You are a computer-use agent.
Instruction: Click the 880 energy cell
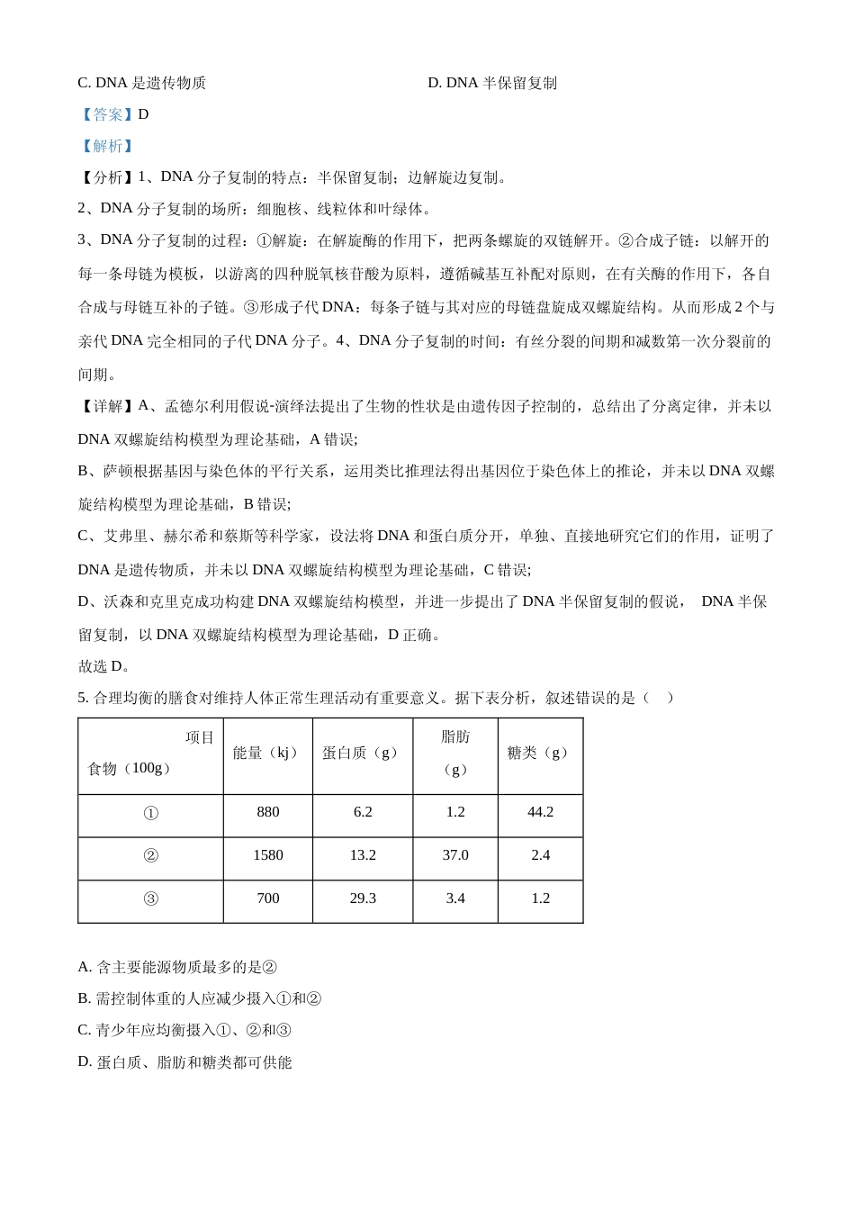point(268,812)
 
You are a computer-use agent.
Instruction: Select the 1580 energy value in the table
point(268,855)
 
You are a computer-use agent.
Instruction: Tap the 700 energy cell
point(268,898)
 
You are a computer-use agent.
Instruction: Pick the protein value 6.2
point(363,812)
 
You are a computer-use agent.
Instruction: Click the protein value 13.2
point(363,855)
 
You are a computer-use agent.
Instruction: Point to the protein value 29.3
point(363,898)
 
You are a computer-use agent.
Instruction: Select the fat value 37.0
point(455,855)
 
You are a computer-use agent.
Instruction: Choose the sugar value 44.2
point(540,812)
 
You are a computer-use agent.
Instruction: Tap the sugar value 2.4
point(540,855)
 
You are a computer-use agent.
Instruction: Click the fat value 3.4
point(455,898)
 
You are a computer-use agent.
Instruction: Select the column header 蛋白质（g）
point(363,754)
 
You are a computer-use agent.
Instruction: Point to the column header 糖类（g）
point(540,754)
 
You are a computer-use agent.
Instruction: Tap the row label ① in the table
point(151,813)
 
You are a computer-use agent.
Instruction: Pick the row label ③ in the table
point(151,899)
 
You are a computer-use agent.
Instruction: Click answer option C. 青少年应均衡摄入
point(184,1031)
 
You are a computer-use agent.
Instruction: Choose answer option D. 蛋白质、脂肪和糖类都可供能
point(184,1062)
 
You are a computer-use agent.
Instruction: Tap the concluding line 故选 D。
point(104,667)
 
